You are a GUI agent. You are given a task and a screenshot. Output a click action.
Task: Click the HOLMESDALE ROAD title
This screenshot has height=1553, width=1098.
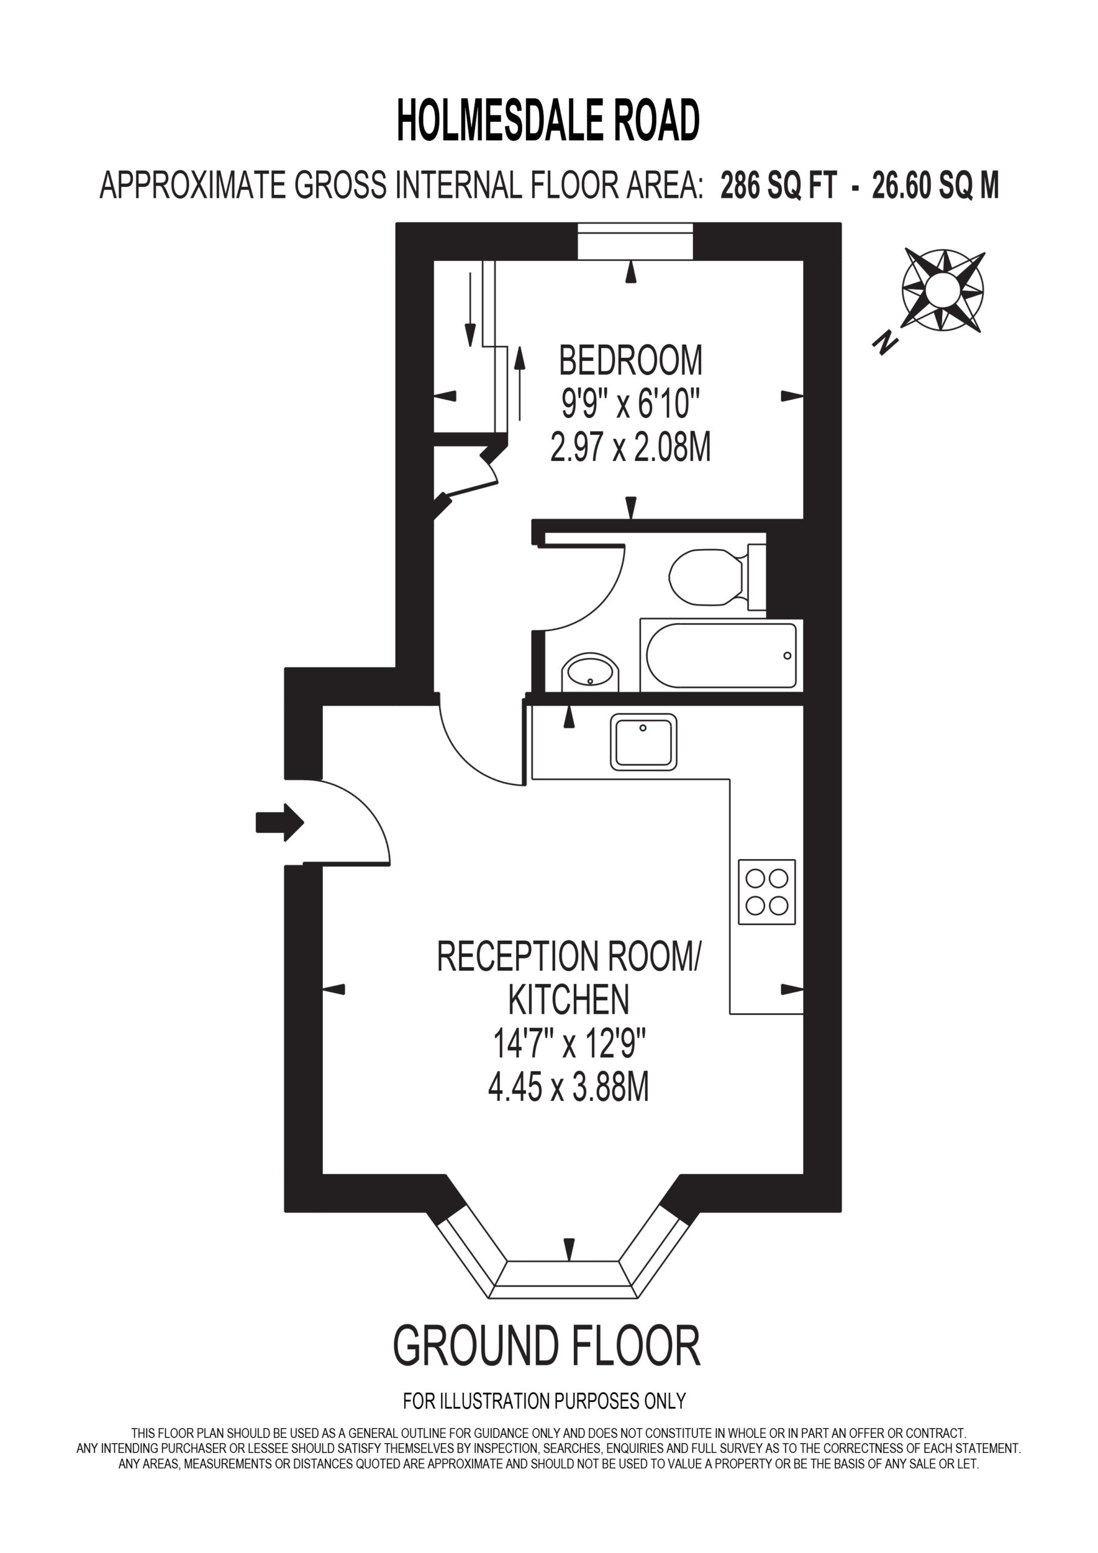pyautogui.click(x=548, y=120)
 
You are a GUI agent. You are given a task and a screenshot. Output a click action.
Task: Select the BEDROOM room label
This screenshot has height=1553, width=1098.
pyautogui.click(x=630, y=360)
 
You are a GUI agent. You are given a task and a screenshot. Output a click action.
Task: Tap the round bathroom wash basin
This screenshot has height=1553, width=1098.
pyautogui.click(x=590, y=672)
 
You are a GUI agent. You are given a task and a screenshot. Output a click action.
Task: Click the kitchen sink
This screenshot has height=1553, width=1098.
pyautogui.click(x=644, y=742)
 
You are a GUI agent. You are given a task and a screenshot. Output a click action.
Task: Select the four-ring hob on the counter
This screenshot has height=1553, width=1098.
pyautogui.click(x=767, y=892)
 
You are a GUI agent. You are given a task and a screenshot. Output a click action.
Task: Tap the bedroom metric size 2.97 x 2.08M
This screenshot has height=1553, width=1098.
pyautogui.click(x=630, y=448)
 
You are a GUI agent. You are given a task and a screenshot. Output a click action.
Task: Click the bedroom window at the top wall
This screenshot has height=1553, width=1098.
pyautogui.click(x=635, y=241)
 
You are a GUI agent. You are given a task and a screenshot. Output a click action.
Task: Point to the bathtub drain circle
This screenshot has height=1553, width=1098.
pyautogui.click(x=787, y=656)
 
